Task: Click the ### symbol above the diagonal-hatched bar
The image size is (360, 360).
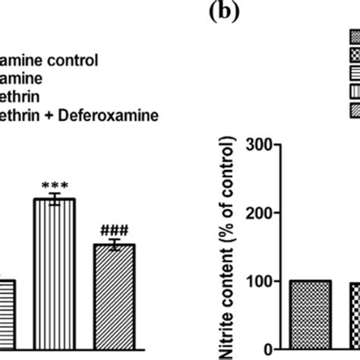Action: point(113,231)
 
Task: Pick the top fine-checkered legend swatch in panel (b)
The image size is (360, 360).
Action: point(354,37)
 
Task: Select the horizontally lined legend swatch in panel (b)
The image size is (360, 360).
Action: point(354,74)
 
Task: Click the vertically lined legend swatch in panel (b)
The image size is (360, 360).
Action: point(354,92)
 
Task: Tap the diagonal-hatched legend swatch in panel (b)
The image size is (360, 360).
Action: point(354,110)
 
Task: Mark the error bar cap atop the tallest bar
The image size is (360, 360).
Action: point(54,194)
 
